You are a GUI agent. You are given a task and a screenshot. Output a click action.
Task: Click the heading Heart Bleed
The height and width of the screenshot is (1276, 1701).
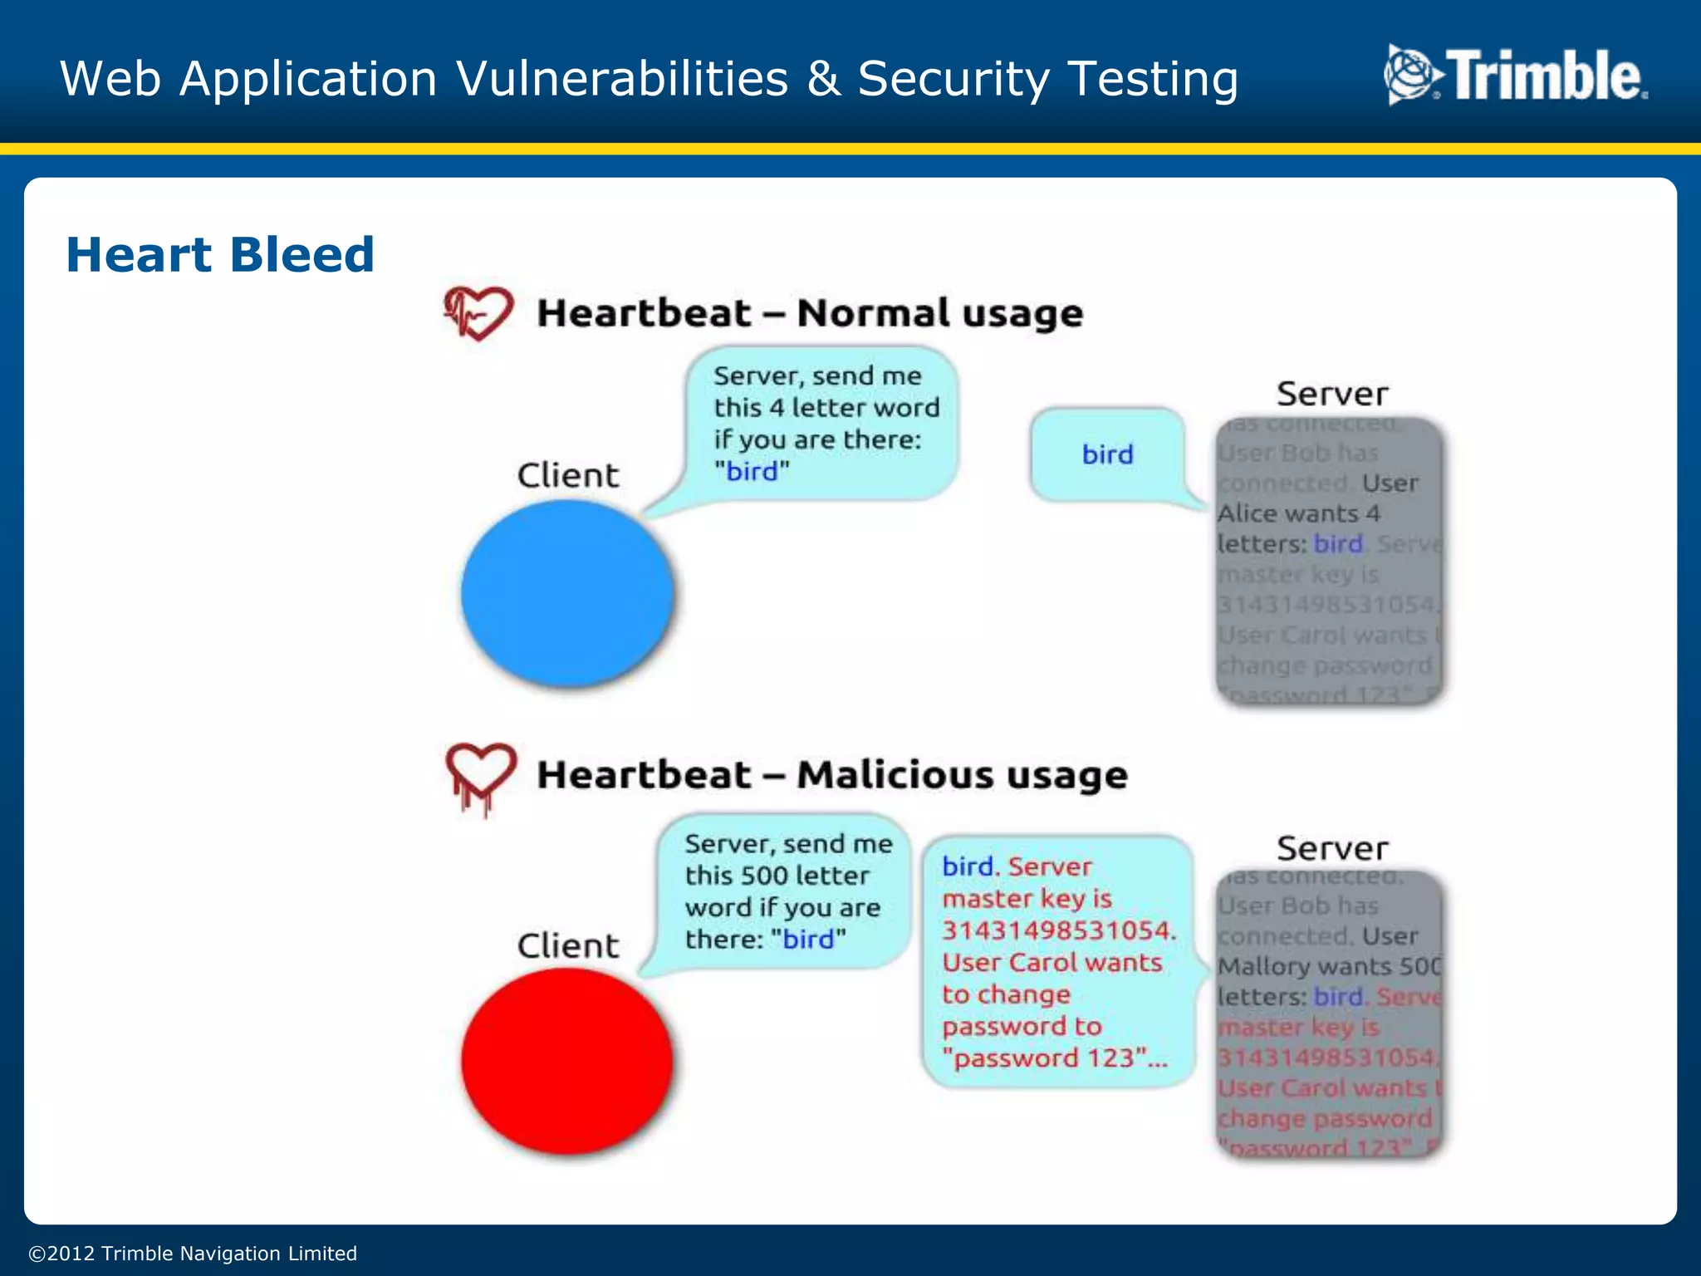(220, 254)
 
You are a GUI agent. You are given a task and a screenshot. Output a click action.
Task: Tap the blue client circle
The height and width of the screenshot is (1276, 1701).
(567, 593)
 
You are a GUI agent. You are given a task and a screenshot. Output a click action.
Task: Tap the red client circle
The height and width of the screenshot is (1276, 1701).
(567, 1062)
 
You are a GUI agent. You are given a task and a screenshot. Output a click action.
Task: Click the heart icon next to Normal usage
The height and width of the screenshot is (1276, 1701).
(478, 313)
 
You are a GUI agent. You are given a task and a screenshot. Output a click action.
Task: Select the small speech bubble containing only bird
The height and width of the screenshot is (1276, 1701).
(1107, 454)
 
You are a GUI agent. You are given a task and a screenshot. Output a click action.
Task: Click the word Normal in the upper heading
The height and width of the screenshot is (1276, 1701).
(872, 313)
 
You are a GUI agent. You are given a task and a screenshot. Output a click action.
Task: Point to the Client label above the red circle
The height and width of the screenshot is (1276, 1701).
(568, 945)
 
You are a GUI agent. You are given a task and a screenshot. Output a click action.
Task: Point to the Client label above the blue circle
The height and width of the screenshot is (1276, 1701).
(568, 475)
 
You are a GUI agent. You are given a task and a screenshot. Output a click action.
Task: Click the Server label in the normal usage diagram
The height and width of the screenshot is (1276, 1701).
(1331, 394)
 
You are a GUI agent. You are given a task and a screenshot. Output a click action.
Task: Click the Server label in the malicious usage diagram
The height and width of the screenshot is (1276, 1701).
(1331, 848)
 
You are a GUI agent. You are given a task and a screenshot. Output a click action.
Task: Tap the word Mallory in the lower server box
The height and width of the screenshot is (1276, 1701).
(1263, 966)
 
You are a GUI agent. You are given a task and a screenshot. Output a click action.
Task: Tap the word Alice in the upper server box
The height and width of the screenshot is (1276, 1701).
(1246, 513)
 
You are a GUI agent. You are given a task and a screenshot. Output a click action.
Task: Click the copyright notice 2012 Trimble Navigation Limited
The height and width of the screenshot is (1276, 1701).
(193, 1253)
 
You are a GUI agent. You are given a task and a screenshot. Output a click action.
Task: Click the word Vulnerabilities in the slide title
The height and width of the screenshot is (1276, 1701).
(622, 79)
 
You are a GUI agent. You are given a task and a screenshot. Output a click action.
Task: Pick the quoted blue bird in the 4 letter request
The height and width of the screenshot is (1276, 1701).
(752, 471)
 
